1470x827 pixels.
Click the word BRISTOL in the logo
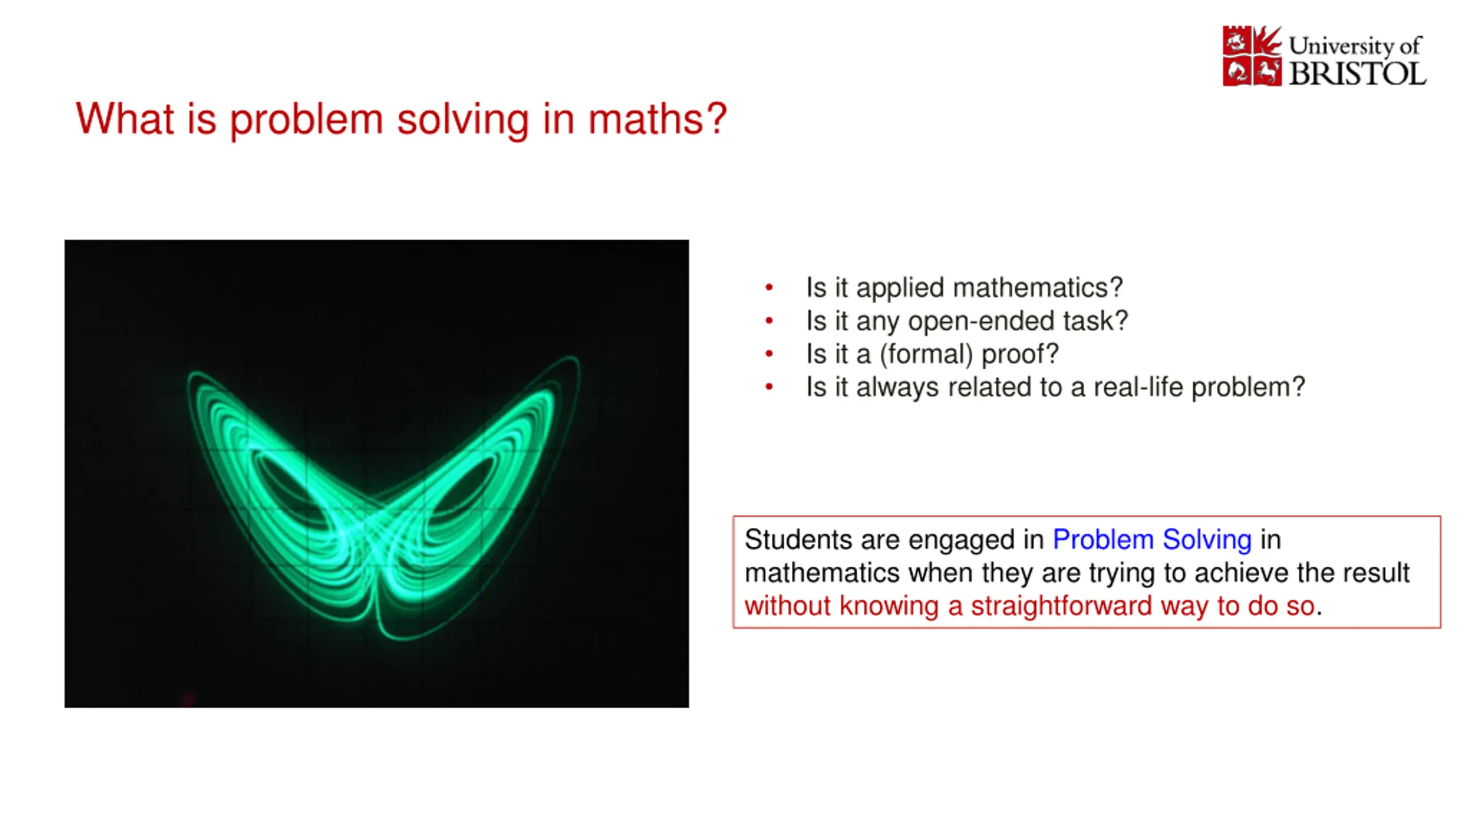(x=1357, y=74)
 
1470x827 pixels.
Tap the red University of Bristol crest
(x=1252, y=56)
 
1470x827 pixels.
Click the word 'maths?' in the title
(x=657, y=119)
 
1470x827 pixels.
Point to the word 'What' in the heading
(x=125, y=118)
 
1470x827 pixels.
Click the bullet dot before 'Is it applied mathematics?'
(x=769, y=287)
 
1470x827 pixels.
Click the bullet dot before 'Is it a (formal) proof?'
(x=769, y=354)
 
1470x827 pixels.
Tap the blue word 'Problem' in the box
(x=1102, y=540)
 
